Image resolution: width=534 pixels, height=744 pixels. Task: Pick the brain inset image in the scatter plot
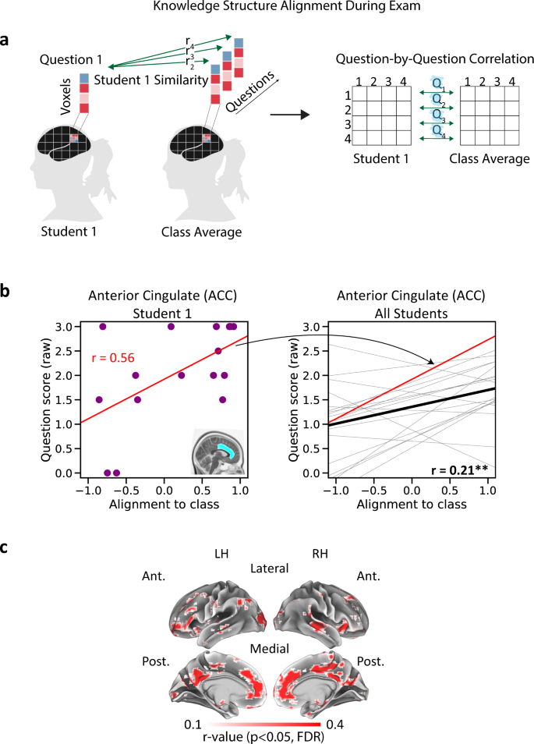217,450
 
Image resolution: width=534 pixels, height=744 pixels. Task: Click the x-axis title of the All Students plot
411,504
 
